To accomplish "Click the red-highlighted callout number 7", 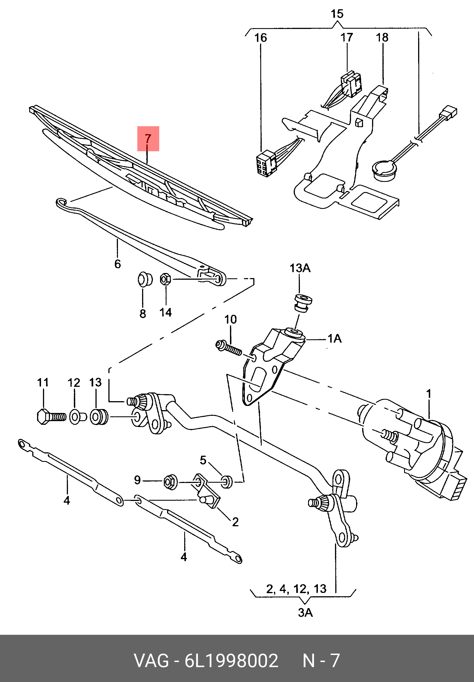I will point(148,139).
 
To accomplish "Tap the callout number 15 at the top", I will point(337,14).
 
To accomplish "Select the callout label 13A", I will point(300,268).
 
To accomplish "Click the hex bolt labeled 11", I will point(51,417).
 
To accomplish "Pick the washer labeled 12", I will point(77,417).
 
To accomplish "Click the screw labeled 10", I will point(228,348).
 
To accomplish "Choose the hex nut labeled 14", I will point(165,279).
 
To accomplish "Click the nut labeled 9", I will point(170,482).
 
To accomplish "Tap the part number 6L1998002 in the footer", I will point(231,661).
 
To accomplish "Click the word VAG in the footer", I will point(151,661).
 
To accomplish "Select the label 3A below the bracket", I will point(305,612).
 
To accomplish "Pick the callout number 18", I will point(382,38).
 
